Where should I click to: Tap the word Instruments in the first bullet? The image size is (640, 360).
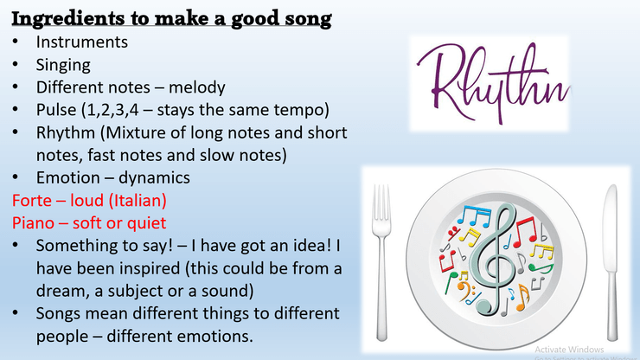pos(81,42)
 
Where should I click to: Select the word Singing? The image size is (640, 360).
pos(63,66)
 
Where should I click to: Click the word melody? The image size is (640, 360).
pos(196,88)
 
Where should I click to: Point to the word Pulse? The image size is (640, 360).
pos(56,110)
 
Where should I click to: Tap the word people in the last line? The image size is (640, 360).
pos(61,337)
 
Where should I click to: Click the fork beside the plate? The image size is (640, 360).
pos(381,261)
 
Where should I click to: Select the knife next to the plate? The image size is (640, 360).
pos(611,261)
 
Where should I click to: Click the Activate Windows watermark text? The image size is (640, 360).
pos(569,350)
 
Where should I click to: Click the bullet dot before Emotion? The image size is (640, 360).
pos(15,177)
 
